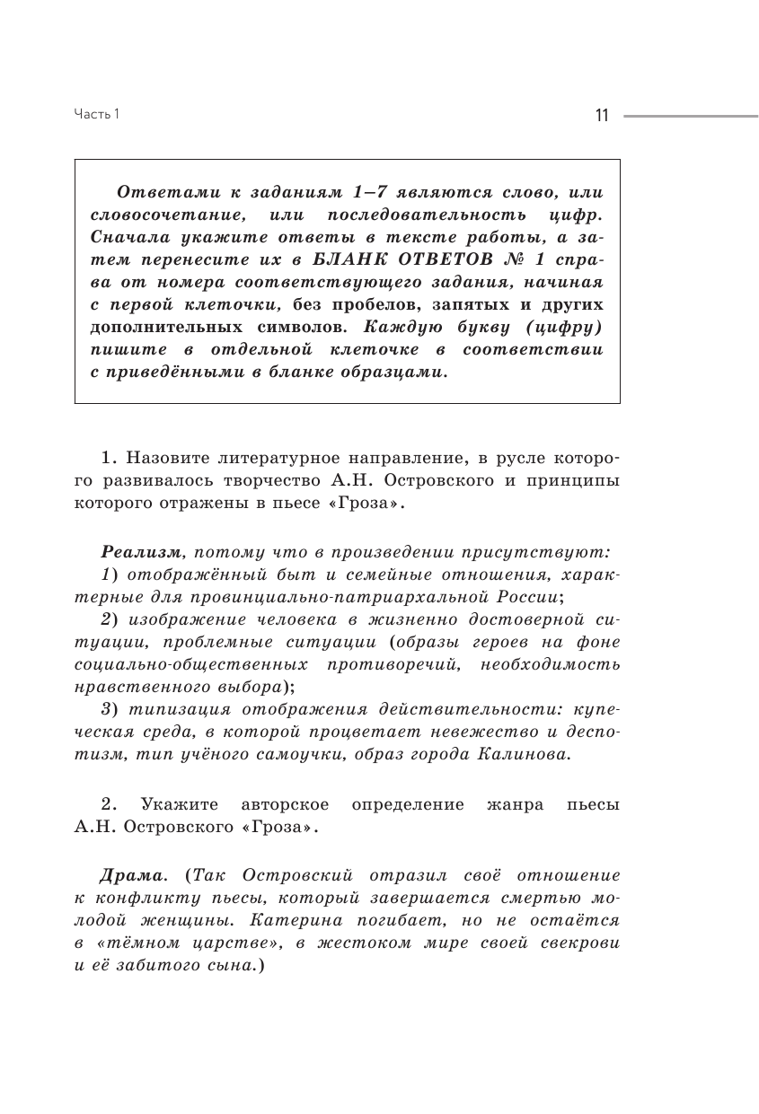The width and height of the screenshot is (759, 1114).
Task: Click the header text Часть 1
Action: tap(96, 114)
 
